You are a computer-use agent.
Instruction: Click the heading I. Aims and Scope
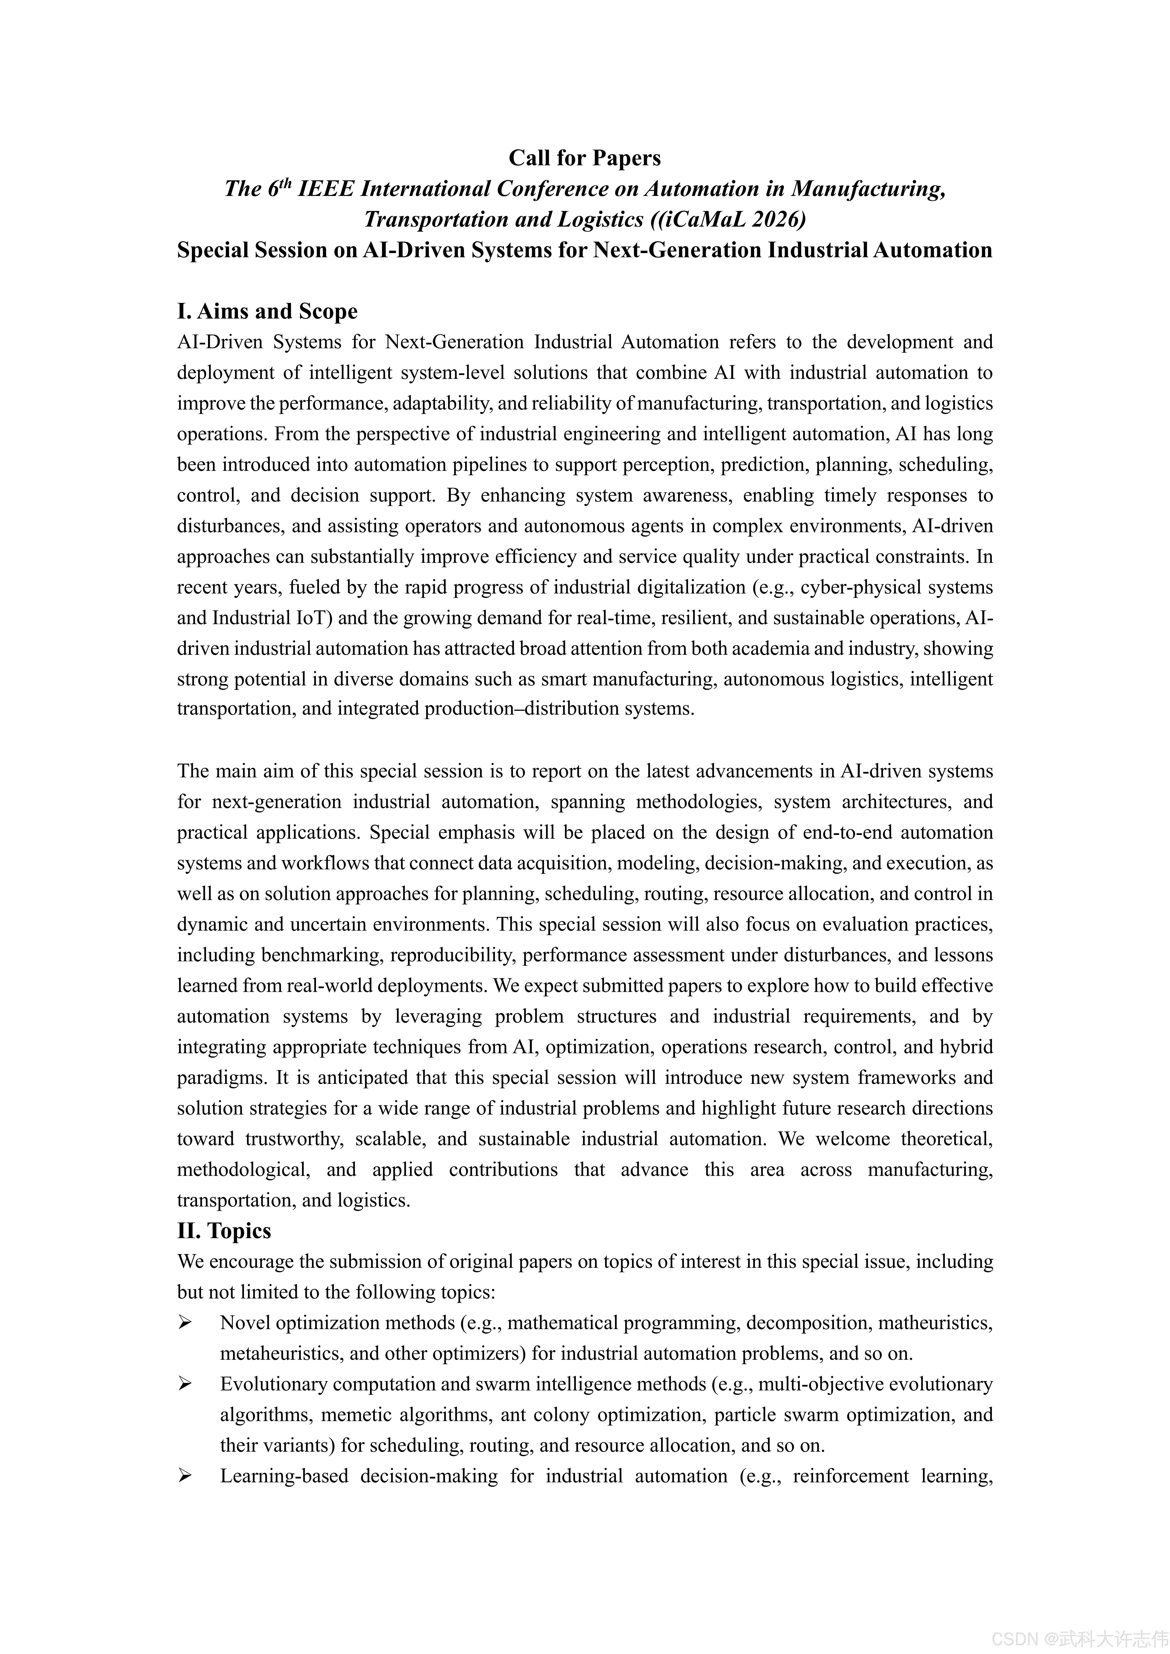coord(267,311)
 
